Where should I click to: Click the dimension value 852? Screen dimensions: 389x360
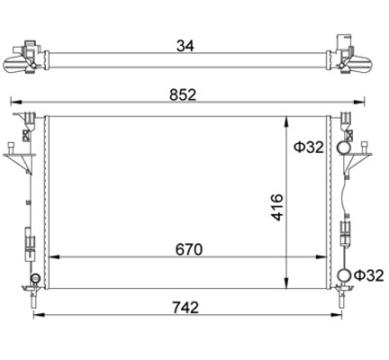183,94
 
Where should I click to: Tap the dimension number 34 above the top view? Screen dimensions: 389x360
185,46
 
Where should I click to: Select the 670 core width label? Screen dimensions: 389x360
189,249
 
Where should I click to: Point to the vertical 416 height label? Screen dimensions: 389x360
277,207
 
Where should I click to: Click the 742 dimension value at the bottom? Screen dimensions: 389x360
185,308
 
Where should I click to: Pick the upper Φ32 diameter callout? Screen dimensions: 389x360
309,148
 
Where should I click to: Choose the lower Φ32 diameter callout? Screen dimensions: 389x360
369,275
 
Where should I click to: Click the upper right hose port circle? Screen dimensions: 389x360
343,148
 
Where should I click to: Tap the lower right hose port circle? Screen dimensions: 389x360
344,275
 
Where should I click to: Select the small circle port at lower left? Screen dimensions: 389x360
35,278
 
